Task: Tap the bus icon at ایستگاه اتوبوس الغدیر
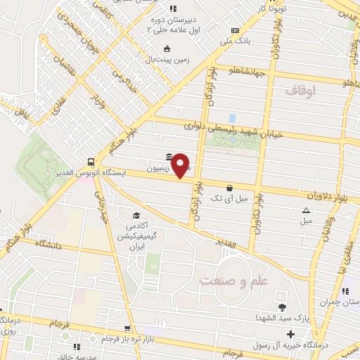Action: [91, 160]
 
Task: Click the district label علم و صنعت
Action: [234, 280]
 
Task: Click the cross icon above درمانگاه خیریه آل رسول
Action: [291, 333]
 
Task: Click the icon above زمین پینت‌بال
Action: [167, 49]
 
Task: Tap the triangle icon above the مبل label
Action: [306, 210]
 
